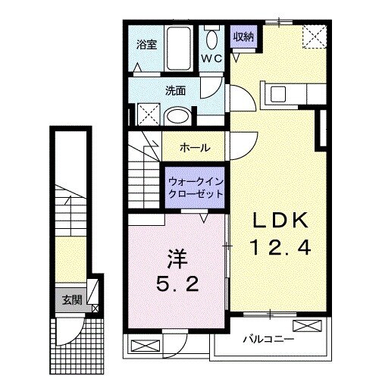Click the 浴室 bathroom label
point(146,45)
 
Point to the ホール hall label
point(195,148)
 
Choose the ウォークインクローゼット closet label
point(196,187)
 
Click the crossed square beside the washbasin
point(148,115)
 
